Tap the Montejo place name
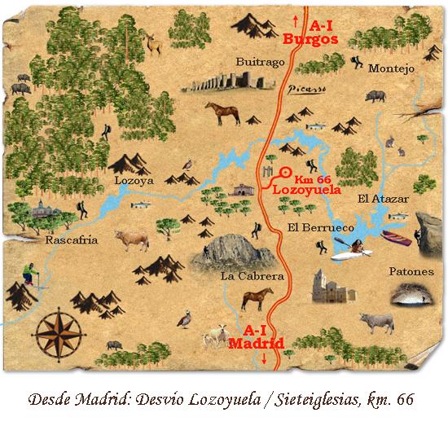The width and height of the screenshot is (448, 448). pyautogui.click(x=391, y=68)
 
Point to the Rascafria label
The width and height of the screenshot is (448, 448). pyautogui.click(x=72, y=240)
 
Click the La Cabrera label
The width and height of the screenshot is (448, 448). pyautogui.click(x=252, y=276)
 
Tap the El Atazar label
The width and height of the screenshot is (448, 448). pyautogui.click(x=382, y=198)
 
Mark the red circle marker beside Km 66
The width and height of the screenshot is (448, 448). pyautogui.click(x=285, y=172)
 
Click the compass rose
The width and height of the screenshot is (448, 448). pyautogui.click(x=59, y=333)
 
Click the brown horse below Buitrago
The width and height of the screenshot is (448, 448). pyautogui.click(x=222, y=112)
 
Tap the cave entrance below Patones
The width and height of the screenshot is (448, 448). pyautogui.click(x=413, y=299)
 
